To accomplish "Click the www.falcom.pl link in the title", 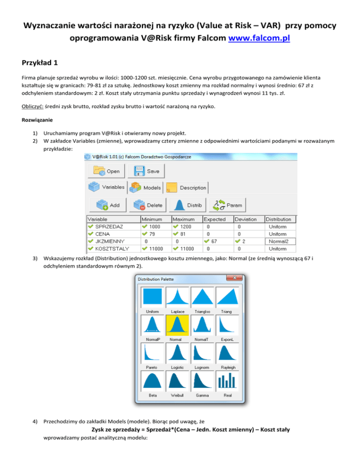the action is [x=259, y=38].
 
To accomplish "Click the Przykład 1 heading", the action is [x=39, y=63].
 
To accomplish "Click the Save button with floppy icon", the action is [x=146, y=171].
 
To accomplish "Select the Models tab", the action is [x=145, y=188].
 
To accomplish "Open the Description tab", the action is [x=187, y=188].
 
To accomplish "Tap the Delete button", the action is [x=148, y=205].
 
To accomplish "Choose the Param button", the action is [x=227, y=205].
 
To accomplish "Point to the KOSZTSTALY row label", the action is [x=112, y=249].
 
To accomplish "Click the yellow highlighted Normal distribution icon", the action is [x=177, y=325].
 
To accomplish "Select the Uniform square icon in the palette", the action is [x=152, y=297].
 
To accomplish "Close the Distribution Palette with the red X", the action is [x=234, y=278].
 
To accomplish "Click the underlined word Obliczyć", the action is [x=32, y=106].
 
